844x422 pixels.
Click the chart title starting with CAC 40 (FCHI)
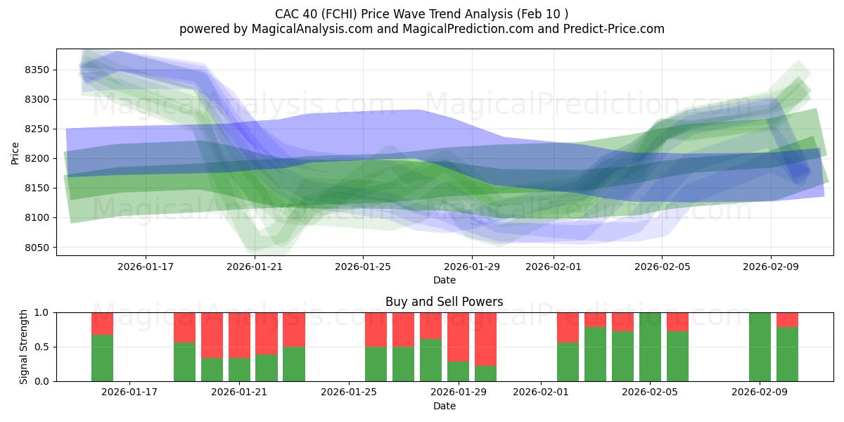421,14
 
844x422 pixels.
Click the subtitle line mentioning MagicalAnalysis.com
421,29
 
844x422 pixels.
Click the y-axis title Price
15,153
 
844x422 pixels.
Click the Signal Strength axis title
24,347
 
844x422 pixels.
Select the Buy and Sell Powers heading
444,302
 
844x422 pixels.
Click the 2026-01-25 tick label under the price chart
363,267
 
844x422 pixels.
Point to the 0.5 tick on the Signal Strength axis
43,347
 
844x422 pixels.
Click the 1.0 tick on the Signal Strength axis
43,312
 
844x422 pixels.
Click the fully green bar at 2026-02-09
760,347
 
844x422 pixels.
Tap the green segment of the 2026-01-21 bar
240,369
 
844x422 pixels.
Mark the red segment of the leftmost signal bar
102,323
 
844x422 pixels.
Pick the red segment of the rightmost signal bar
787,319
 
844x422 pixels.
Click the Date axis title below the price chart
444,280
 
